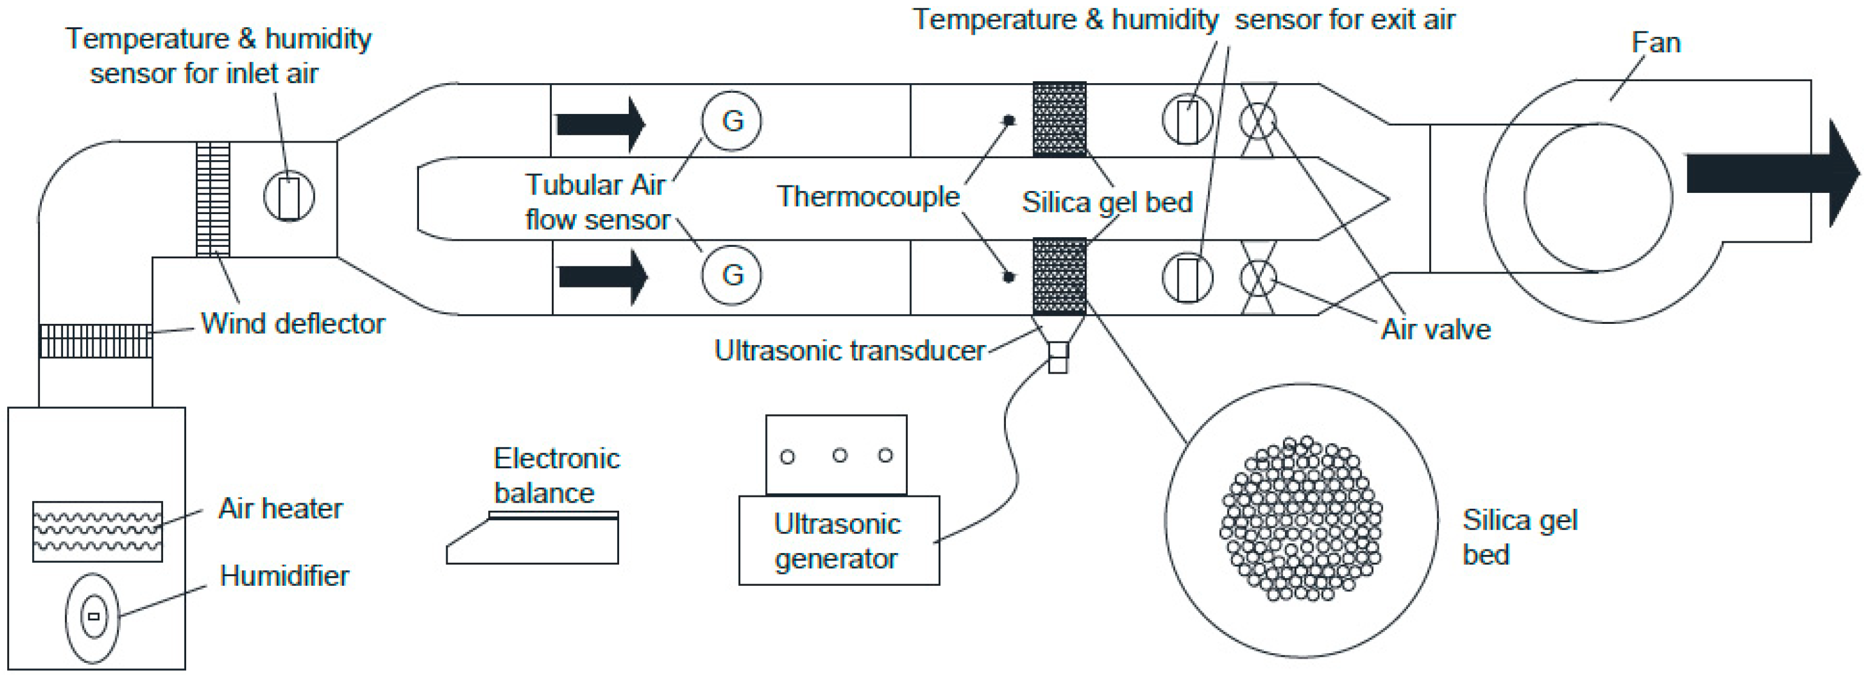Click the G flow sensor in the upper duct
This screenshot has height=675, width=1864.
point(731,121)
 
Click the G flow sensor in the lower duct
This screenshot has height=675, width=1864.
point(731,275)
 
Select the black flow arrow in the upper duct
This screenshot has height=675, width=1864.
point(600,124)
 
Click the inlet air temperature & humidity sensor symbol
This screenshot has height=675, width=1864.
point(289,196)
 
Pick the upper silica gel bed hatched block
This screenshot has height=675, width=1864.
point(1059,119)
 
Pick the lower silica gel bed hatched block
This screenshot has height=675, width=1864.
point(1059,276)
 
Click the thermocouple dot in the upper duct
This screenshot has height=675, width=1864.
point(1008,120)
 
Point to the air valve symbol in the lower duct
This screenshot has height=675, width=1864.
point(1258,278)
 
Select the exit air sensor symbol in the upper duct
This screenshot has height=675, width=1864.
point(1187,121)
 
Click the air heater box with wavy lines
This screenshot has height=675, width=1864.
point(97,531)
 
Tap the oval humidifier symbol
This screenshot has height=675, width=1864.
point(93,617)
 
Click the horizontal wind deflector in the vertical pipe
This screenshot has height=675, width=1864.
point(96,341)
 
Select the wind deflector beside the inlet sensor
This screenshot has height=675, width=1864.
point(213,199)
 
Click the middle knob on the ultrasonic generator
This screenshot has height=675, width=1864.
point(839,455)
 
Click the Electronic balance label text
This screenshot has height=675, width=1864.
point(555,475)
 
